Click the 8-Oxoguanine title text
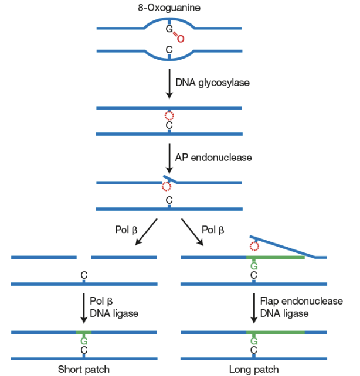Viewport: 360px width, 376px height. click(169, 8)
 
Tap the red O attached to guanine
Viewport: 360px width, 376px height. click(181, 39)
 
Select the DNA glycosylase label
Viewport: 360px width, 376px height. click(212, 83)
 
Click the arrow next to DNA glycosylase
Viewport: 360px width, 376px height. click(169, 84)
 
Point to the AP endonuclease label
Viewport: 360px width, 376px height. click(213, 158)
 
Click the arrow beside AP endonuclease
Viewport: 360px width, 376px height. click(169, 159)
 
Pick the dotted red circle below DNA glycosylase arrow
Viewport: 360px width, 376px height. click(169, 116)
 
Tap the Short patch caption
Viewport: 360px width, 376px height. click(83, 370)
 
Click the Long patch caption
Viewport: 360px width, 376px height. click(254, 370)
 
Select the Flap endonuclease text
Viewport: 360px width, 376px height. click(301, 301)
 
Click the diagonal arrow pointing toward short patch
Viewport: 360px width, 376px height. click(146, 232)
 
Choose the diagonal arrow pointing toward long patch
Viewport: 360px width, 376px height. click(192, 232)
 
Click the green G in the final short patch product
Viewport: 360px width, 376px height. click(84, 341)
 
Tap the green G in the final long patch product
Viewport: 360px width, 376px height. click(254, 341)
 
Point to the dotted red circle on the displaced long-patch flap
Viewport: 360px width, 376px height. click(254, 246)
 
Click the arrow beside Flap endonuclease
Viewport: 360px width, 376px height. click(254, 309)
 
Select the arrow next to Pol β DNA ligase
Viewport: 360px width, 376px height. click(84, 309)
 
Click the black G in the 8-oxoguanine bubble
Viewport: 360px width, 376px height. click(169, 29)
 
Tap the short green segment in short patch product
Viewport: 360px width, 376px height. click(84, 332)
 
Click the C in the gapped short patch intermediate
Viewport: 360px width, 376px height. click(84, 275)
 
